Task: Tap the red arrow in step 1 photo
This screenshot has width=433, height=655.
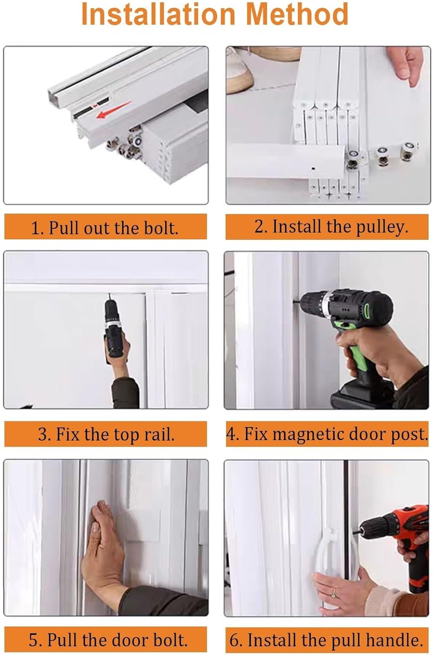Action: (113, 110)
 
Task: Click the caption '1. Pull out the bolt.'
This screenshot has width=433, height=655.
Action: (105, 228)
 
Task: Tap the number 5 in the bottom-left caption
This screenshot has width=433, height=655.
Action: (34, 640)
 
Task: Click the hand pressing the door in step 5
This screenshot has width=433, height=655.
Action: (103, 546)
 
